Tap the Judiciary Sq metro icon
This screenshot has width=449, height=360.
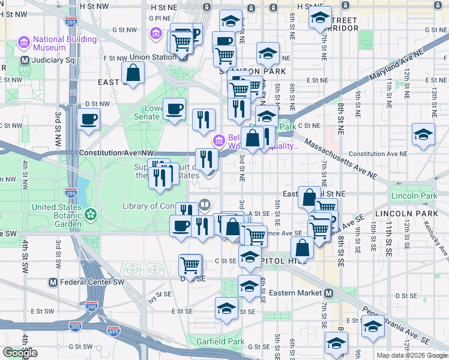(x=25, y=61)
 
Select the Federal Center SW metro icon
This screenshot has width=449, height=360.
(x=53, y=282)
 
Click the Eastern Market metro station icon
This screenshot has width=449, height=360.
(x=328, y=293)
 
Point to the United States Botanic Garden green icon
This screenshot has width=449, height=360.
(x=91, y=214)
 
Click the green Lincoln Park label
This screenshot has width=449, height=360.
(x=414, y=196)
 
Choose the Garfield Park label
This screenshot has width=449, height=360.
(x=220, y=341)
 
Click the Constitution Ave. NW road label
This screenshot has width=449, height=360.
(x=116, y=154)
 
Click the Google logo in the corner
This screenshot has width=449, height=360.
(x=20, y=353)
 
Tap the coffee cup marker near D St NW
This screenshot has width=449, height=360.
(x=89, y=119)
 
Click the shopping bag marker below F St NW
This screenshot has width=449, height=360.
(x=133, y=73)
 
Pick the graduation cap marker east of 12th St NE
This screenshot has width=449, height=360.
(x=423, y=134)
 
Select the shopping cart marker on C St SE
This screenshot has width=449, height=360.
(x=190, y=264)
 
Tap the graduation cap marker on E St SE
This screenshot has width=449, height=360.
(x=226, y=309)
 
